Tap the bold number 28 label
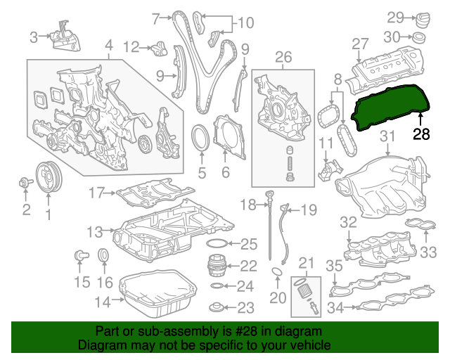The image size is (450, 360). coord(421,134)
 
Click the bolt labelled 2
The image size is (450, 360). coord(25,184)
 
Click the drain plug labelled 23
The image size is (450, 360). coord(219,307)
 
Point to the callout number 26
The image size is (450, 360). coord(283,57)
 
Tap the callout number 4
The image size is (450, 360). coord(108,48)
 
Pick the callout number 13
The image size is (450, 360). coord(95,231)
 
